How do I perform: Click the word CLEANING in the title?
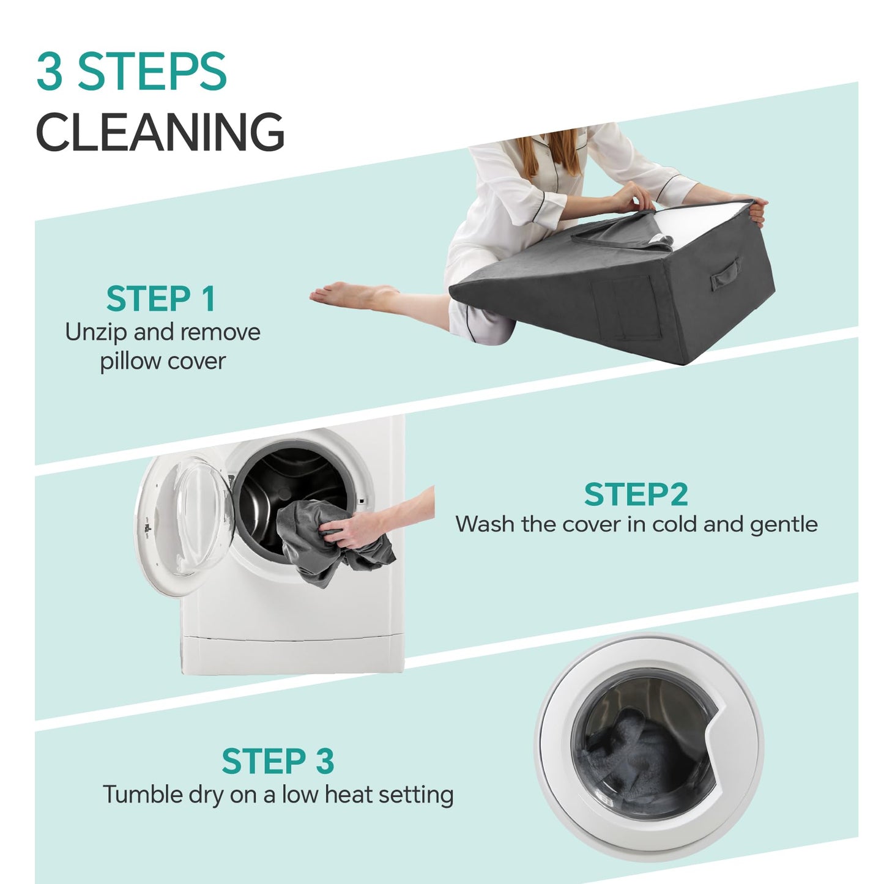(160, 132)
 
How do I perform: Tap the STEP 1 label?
(160, 299)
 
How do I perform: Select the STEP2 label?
(636, 494)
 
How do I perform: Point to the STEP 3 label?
(278, 761)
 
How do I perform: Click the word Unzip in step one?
(96, 333)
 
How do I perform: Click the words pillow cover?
(163, 362)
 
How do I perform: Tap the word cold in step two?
(675, 524)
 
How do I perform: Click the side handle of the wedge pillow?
(725, 273)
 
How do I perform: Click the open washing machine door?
(184, 526)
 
